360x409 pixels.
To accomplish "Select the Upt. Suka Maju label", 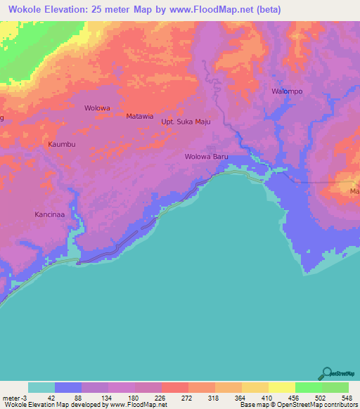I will click(x=186, y=122).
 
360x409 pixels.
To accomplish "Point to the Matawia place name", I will click(x=139, y=116).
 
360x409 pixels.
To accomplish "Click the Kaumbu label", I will click(x=61, y=144).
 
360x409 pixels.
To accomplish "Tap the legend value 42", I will click(x=51, y=397).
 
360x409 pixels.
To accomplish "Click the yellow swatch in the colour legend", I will click(x=281, y=387).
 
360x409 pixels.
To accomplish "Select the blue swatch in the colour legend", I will click(x=68, y=387).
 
